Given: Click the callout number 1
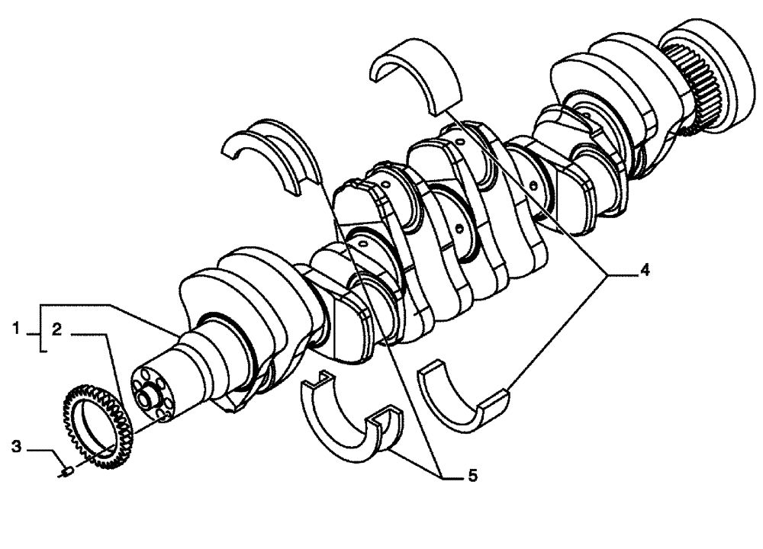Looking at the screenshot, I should [15, 329].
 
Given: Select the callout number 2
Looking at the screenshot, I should [57, 329].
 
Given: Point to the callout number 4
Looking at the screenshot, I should [645, 270].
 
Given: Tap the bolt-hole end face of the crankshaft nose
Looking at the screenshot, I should [156, 392].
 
